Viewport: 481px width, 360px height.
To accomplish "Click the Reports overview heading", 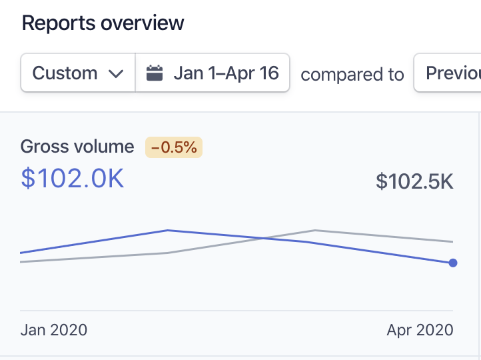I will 103,23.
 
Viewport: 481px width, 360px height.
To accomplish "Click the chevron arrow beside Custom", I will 116,73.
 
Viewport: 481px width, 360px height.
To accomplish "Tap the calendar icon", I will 155,73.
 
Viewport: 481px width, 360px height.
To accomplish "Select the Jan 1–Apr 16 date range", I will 225,73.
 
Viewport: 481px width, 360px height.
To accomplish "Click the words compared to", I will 352,75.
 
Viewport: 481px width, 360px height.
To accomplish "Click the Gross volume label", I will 77,147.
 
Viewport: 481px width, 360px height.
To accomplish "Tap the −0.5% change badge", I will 174,147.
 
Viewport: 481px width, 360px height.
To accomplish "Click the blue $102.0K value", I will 73,178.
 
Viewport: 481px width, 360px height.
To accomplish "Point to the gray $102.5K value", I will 414,181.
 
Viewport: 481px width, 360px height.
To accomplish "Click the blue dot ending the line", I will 453,263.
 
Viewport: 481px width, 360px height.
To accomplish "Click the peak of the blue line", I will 168,231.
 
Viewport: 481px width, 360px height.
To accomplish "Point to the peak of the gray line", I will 314,231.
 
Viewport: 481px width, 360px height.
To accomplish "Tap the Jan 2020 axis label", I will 54,330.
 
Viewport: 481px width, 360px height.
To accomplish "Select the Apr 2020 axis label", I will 420,330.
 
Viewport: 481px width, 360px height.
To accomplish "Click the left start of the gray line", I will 21,262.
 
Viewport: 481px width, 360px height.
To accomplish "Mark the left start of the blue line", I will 21,253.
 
